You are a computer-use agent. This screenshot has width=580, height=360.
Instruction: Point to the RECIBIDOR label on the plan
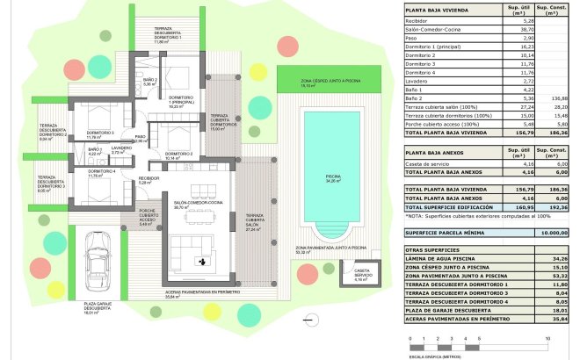tap(149, 181)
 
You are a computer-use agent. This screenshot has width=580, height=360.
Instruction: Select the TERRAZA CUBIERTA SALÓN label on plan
tap(254, 220)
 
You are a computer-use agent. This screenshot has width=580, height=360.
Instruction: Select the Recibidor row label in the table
tap(418, 20)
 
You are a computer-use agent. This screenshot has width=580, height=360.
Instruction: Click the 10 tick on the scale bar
tap(547, 337)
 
